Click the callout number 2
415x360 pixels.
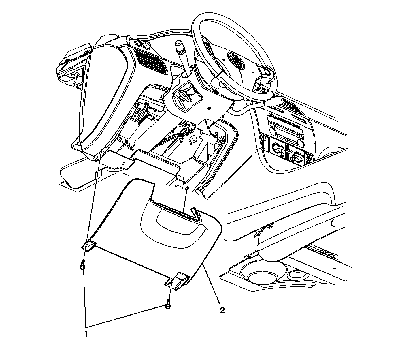[x=222, y=311]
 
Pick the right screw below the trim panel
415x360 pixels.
[x=168, y=306]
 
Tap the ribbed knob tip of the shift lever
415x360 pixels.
[x=180, y=49]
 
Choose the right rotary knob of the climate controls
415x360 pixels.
[x=297, y=157]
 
